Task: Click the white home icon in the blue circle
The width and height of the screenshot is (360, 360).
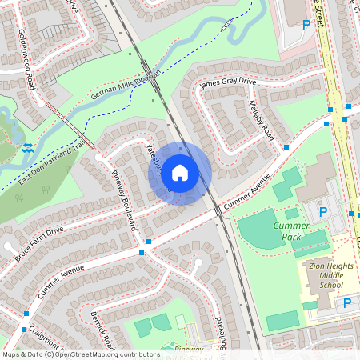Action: tap(180, 172)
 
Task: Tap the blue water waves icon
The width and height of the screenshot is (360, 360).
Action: tap(29, 147)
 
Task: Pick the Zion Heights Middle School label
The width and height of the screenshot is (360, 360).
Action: tap(323, 274)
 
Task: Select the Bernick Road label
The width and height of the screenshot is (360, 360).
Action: tap(102, 327)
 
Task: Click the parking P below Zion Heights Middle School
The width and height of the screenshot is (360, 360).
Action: tap(347, 303)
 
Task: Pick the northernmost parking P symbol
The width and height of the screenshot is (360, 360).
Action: tap(306, 25)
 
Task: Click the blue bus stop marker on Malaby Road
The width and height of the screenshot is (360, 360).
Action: tap(286, 147)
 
